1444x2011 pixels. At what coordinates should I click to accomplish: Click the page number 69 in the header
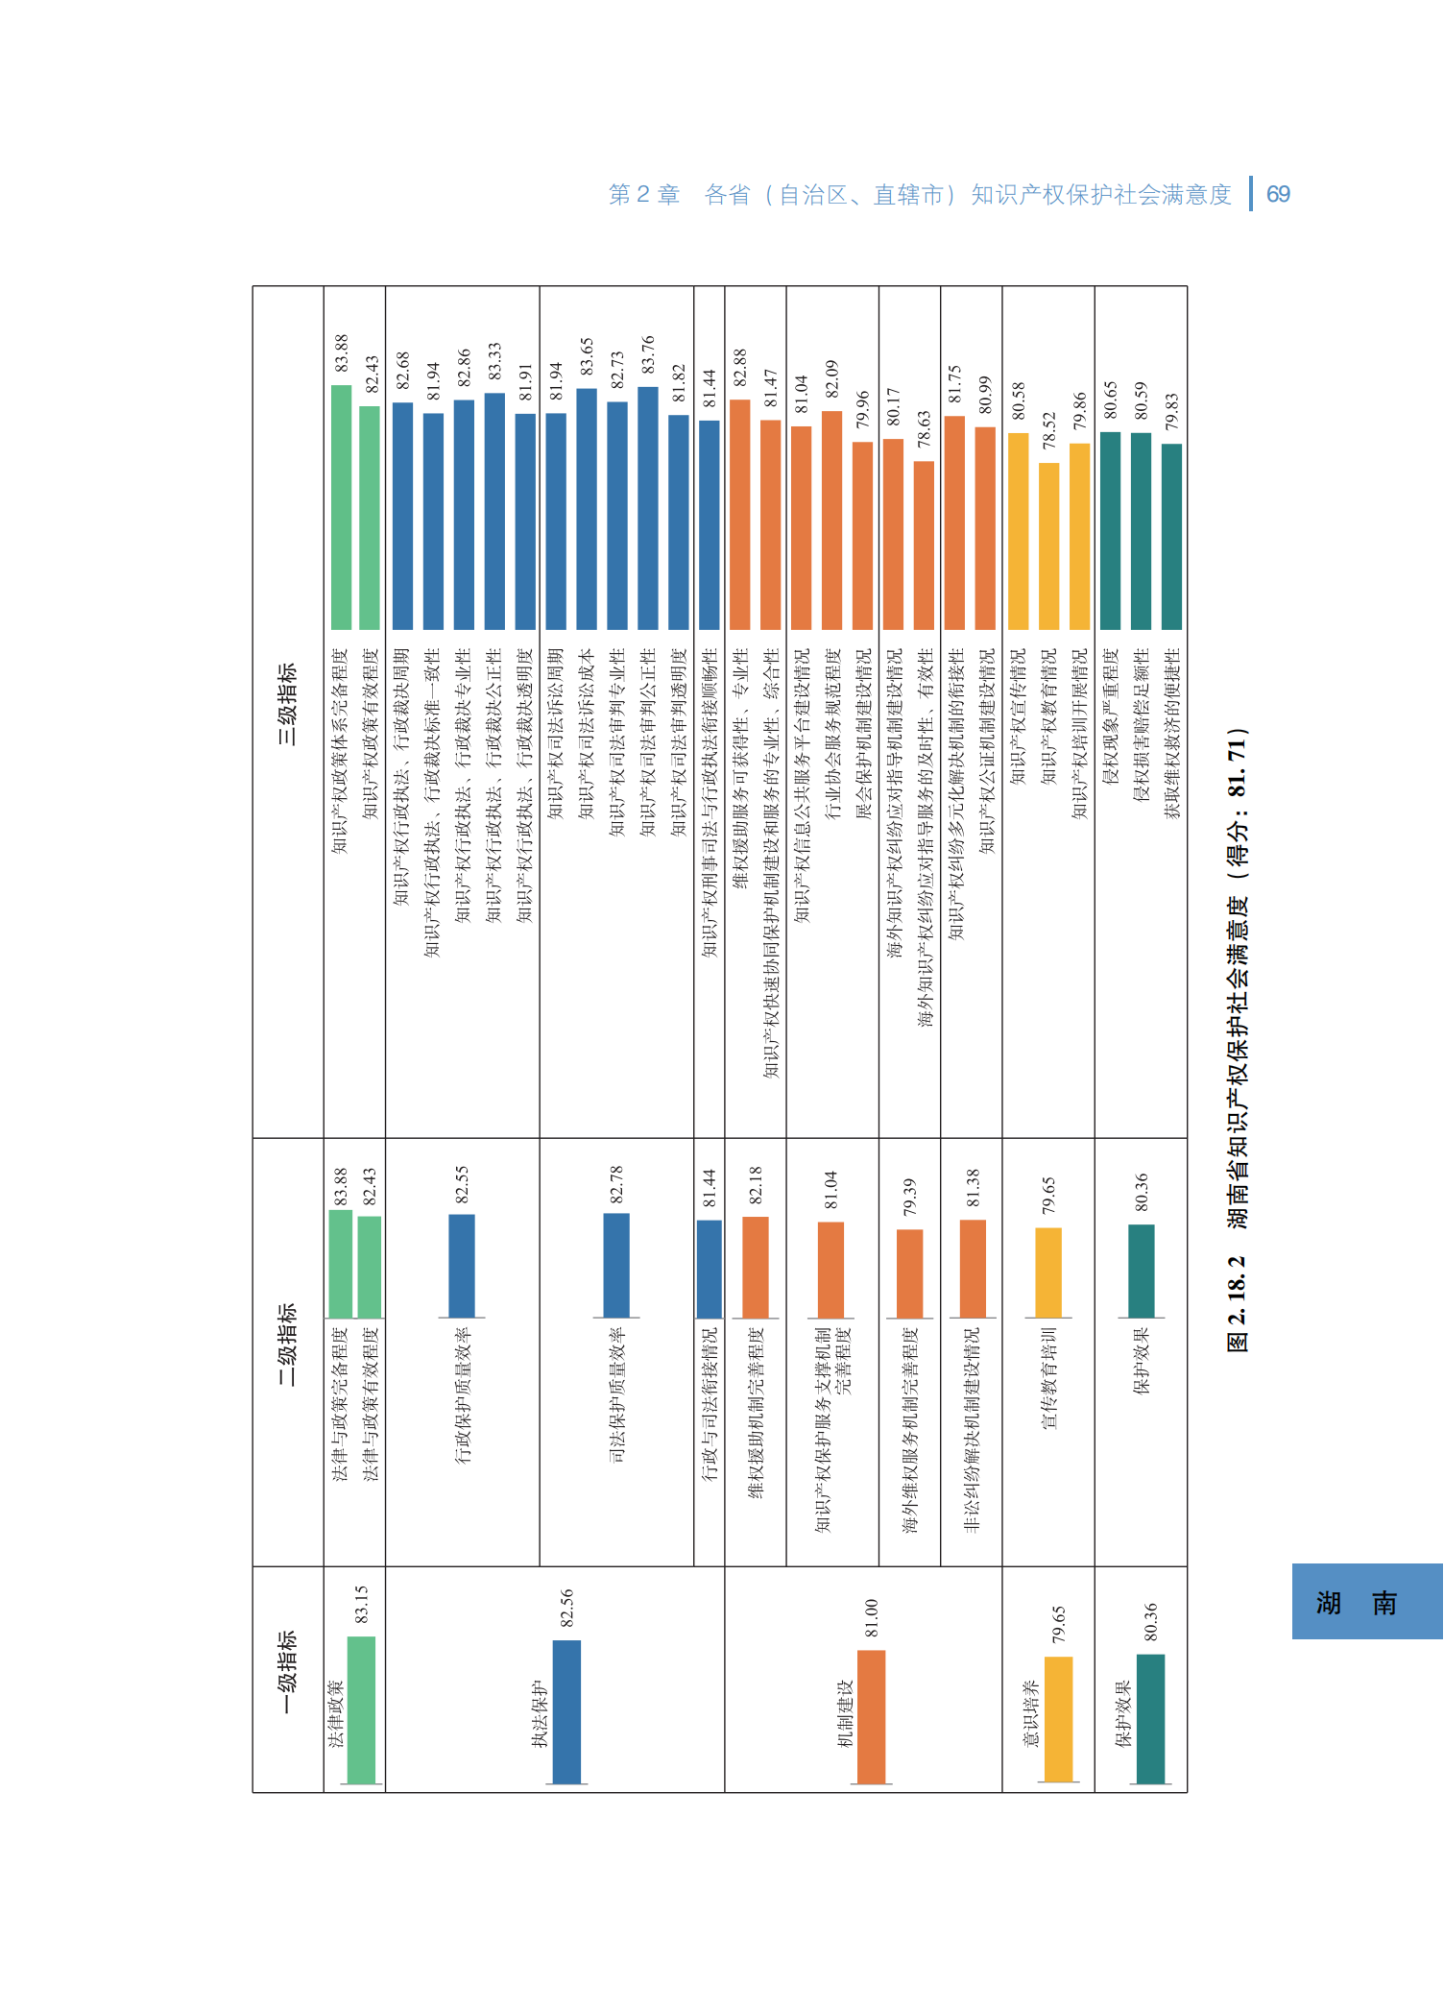coord(1278,195)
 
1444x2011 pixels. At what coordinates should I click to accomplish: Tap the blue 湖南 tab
coord(1366,1601)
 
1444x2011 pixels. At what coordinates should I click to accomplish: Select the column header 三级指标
coord(287,704)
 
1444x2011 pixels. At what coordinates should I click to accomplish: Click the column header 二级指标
coord(287,1344)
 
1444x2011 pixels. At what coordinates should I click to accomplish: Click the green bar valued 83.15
coord(361,1710)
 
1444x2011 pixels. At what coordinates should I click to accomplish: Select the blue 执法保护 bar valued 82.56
coord(566,1712)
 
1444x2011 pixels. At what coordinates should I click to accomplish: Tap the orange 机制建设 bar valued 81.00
coord(871,1717)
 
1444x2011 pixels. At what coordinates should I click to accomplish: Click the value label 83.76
coord(648,354)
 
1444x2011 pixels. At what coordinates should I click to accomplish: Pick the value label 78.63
coord(924,429)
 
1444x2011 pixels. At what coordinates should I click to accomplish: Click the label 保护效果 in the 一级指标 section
coord(1122,1713)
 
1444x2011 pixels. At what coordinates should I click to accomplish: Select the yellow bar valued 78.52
coord(1049,545)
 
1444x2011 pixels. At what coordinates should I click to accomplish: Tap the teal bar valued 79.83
coord(1171,536)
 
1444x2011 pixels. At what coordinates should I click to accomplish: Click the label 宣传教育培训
coord(1048,1378)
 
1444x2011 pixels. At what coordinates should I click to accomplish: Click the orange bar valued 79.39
coord(909,1273)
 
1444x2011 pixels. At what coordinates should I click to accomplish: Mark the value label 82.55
coord(462,1184)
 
